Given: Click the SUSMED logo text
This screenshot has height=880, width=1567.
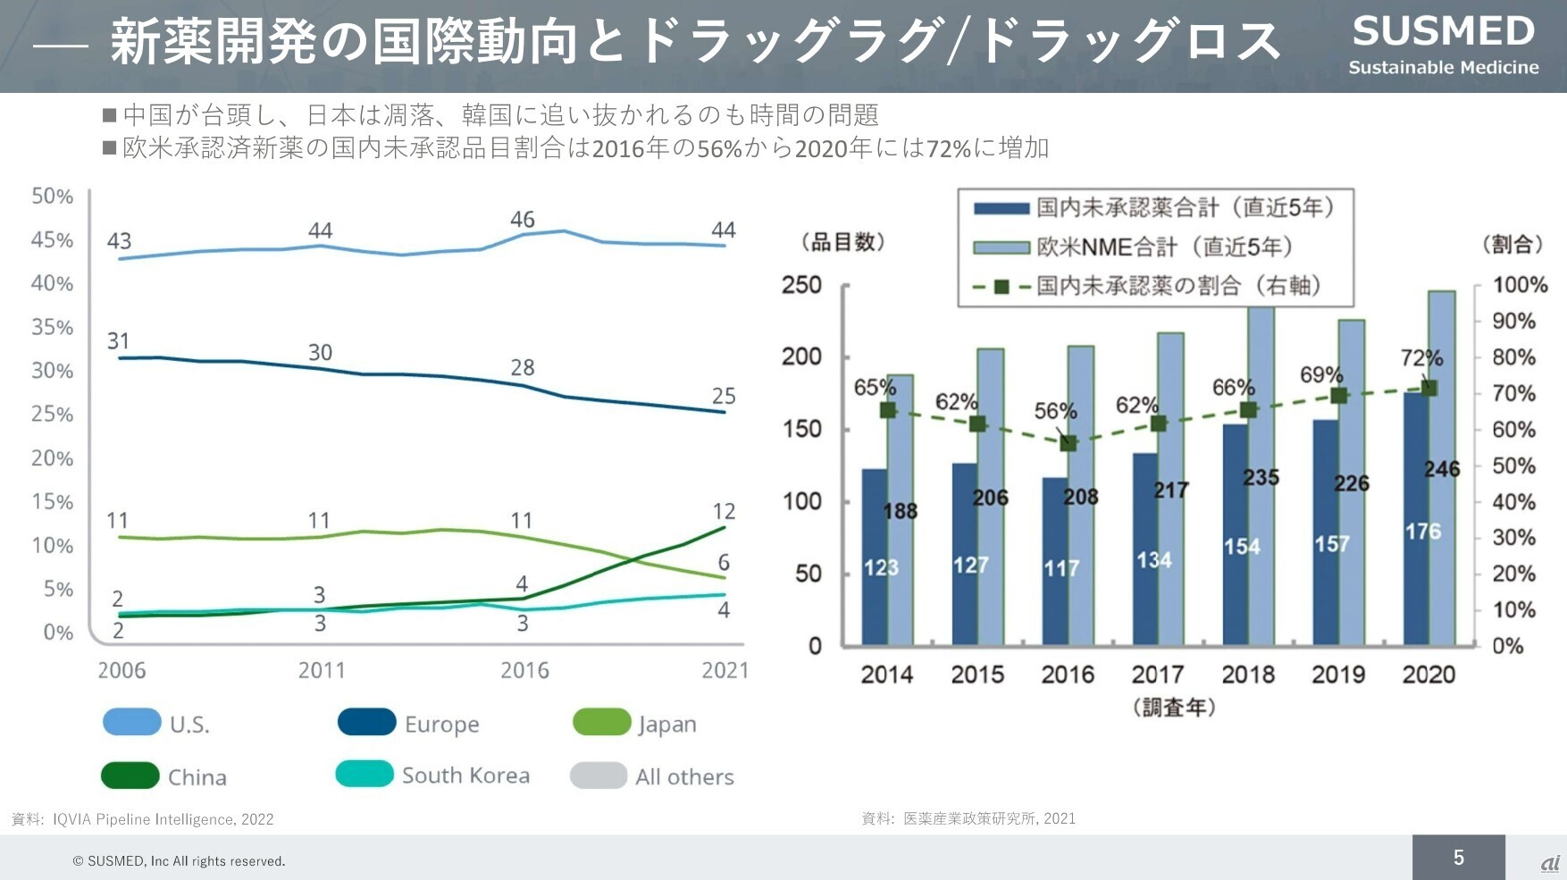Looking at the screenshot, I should click(1443, 32).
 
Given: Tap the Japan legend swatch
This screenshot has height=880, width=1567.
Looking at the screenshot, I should click(601, 722).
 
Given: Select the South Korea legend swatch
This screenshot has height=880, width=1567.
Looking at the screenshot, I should click(365, 774).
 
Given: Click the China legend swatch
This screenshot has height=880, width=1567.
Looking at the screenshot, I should click(130, 775).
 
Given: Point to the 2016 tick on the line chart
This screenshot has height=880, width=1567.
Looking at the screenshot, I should click(524, 670).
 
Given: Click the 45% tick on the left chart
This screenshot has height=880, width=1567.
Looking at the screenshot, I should click(52, 239).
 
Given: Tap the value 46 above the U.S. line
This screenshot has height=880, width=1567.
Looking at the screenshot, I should click(523, 219).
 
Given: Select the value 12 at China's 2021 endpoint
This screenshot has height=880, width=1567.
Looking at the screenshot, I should click(724, 511).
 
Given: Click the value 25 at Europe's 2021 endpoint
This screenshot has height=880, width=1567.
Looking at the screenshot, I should click(724, 396).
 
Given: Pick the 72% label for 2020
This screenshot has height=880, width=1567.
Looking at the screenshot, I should click(1421, 358).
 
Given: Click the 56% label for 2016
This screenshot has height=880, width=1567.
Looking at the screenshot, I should click(1055, 411).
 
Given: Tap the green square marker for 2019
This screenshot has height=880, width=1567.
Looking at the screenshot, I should click(1338, 396).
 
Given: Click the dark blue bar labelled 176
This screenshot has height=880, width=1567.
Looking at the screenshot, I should click(1416, 518).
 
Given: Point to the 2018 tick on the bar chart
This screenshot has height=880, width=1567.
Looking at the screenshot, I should click(1248, 675).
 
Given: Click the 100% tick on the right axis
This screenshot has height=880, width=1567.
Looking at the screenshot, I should click(1520, 285).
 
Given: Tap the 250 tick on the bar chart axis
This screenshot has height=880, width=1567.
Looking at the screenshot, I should click(801, 285).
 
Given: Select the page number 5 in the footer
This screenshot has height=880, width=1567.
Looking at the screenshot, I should click(1458, 858).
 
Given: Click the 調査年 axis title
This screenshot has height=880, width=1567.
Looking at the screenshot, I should click(1174, 708).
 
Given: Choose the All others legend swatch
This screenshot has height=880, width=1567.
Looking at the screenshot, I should click(599, 775).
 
